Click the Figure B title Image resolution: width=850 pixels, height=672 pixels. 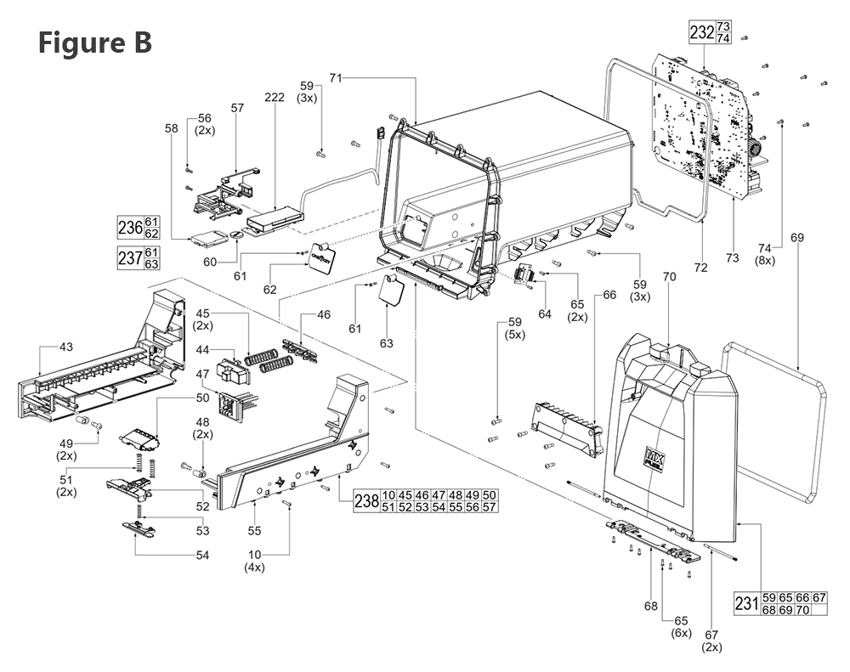coord(94,42)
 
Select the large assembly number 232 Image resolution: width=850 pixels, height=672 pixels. coord(701,33)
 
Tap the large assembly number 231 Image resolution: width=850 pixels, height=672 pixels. coord(745,604)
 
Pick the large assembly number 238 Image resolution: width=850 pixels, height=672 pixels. coord(366,501)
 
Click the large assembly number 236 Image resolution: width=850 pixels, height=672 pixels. coord(129,228)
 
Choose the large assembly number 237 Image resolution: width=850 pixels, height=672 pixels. coord(129,258)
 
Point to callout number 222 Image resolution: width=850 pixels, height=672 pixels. coord(275,99)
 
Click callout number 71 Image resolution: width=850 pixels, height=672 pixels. coord(336,78)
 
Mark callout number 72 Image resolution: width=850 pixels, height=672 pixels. coord(700,268)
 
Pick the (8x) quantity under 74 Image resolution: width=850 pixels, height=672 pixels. coord(766,261)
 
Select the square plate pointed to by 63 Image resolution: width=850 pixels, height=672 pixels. coord(392,291)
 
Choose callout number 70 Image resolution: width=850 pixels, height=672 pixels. coord(669,276)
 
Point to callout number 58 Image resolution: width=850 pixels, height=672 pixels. coord(173,128)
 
